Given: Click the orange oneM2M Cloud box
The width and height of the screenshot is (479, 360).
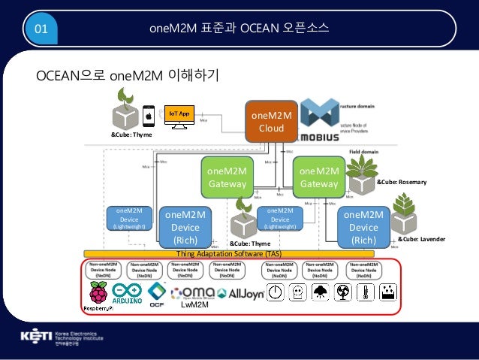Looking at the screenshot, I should coord(271,122).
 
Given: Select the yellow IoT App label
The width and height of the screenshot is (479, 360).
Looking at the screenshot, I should coord(178,113).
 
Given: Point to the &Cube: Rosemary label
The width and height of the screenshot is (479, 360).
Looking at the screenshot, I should coord(401,182).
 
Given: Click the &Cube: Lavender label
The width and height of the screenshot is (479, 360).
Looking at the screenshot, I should coord(421,238).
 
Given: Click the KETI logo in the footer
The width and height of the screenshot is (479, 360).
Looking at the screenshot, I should coord(45,335).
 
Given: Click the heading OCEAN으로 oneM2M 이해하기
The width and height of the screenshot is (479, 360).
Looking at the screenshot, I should coord(128,75).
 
